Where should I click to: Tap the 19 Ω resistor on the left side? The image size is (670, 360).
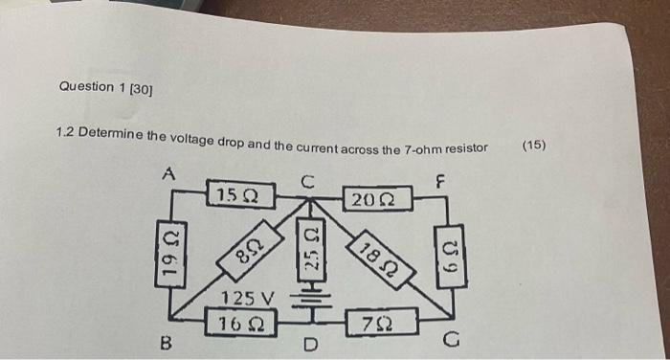170,259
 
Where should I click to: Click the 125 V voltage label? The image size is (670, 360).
248,297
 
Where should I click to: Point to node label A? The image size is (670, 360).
169,175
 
